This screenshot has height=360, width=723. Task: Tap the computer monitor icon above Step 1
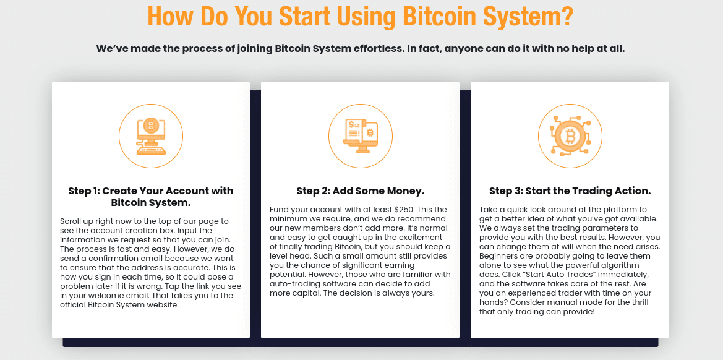(x=150, y=136)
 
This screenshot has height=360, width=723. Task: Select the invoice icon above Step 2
(x=360, y=135)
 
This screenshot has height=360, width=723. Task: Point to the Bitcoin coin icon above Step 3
(x=570, y=135)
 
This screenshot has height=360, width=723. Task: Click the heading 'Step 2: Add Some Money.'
(x=360, y=191)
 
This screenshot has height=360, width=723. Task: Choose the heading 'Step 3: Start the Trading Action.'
(x=570, y=191)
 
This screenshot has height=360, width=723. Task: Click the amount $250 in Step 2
(x=406, y=210)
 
